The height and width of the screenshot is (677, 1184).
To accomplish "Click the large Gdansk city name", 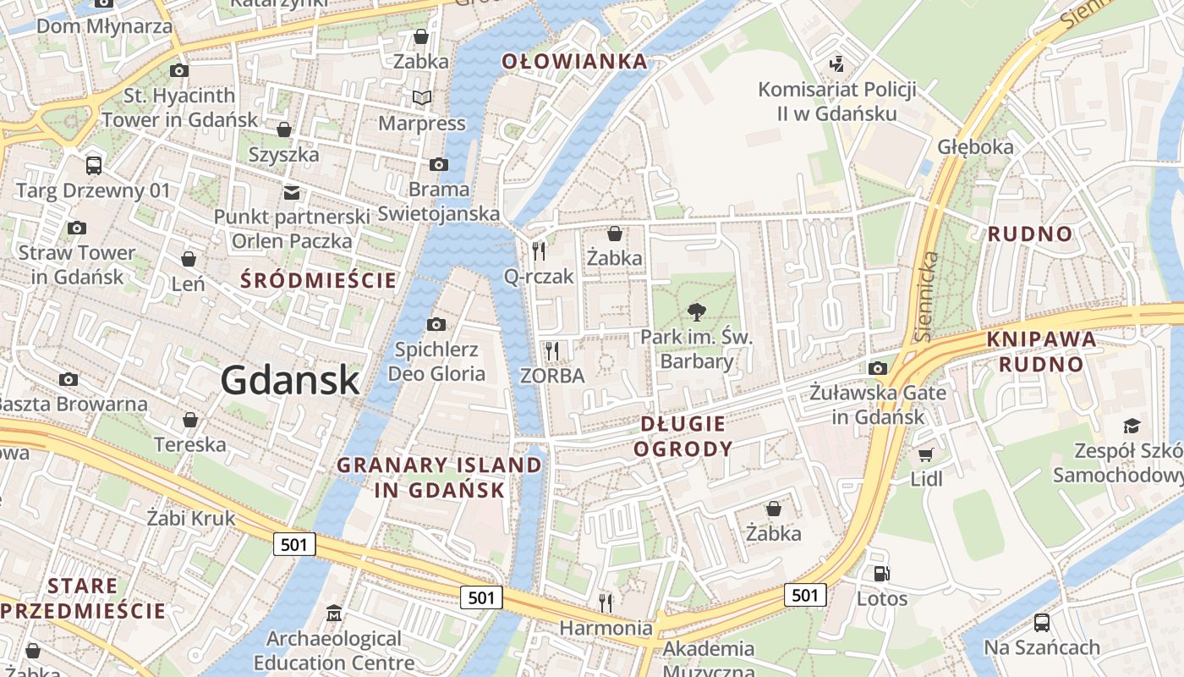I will point(290,380).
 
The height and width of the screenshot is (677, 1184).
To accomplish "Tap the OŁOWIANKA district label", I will point(574,61).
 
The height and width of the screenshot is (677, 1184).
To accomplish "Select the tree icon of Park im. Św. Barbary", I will point(697,312).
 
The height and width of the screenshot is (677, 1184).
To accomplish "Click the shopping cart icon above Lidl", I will point(926,454).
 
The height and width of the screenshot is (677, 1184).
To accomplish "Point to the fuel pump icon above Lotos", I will point(881,574).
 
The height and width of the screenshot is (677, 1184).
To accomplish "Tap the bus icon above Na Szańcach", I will point(1041,623).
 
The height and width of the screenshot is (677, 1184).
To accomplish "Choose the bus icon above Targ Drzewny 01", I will point(93,165).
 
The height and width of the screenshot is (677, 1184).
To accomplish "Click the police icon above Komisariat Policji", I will point(836,63).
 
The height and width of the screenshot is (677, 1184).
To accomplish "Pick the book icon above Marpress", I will point(421,98).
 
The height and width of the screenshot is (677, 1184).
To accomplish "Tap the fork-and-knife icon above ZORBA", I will point(552,350).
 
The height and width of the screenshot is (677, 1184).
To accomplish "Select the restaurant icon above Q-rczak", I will point(538,251).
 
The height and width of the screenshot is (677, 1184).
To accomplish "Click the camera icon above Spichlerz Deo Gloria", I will point(436,324).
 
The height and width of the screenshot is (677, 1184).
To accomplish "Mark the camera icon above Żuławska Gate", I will point(878,368).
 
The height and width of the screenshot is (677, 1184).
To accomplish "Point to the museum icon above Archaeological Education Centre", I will point(334,613).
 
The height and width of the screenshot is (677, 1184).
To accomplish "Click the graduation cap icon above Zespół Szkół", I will point(1132,426).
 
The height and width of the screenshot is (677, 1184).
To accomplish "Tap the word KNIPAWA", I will point(1041,339).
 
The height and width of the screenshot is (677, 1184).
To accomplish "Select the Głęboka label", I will point(975,146).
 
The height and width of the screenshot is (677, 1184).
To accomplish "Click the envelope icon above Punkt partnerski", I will point(292,192).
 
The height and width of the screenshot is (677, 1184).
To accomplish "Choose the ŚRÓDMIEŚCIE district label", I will point(319,280).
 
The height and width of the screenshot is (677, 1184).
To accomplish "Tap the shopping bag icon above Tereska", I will point(190,420).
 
